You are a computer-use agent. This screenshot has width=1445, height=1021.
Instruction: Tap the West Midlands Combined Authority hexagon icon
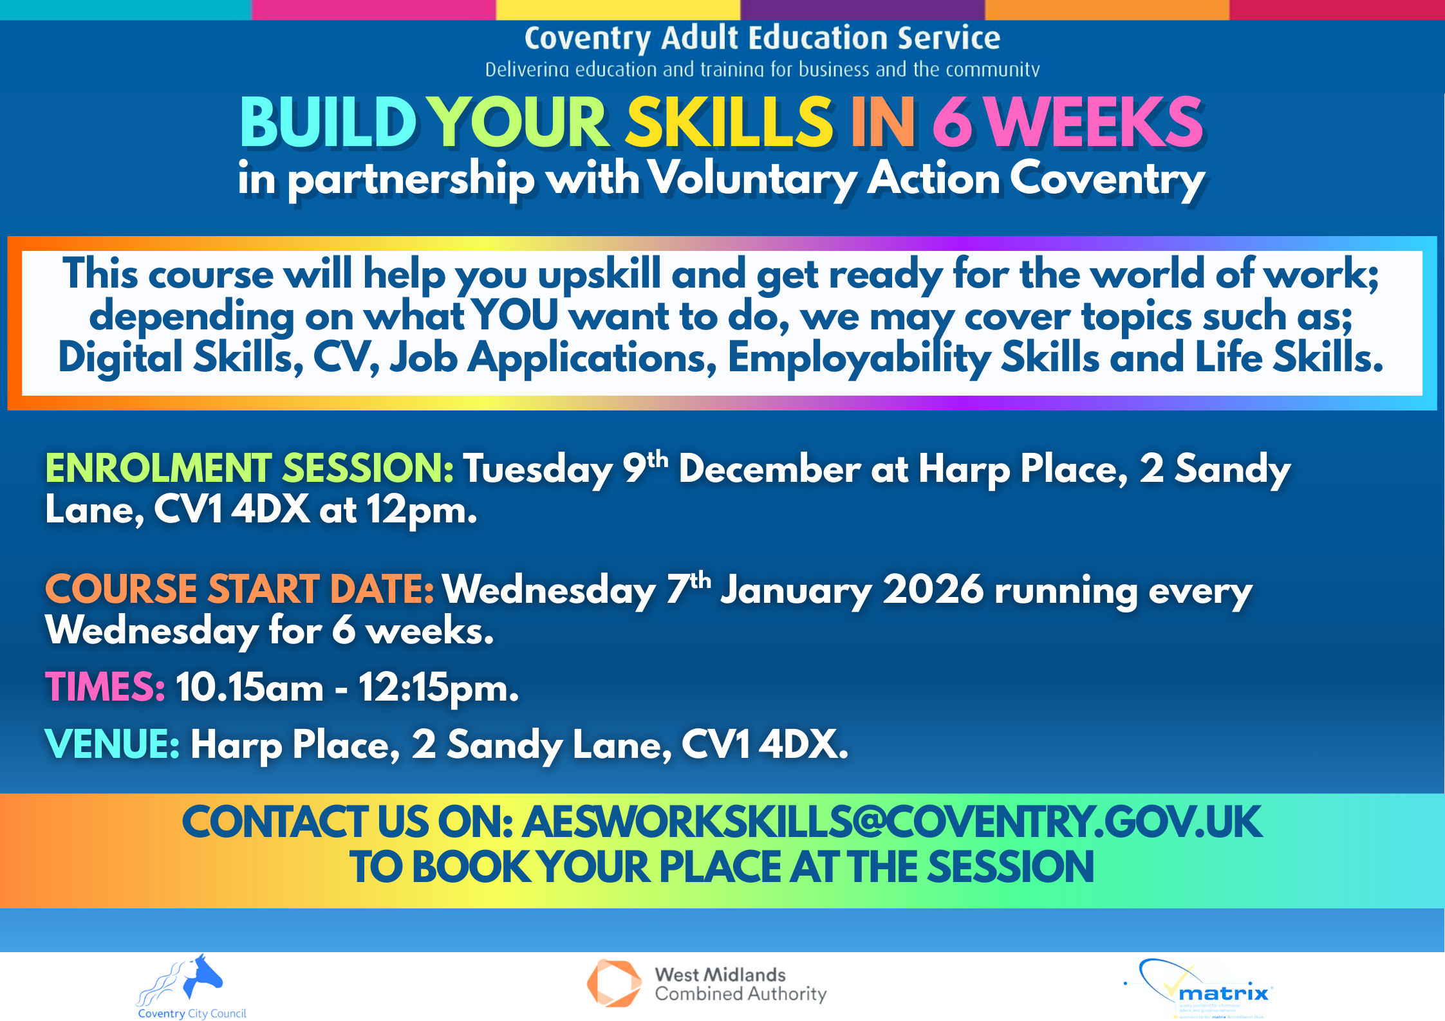coord(613,983)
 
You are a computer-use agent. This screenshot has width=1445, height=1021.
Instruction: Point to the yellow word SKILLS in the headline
coord(729,122)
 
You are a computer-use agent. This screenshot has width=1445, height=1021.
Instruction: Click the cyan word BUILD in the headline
coord(328,122)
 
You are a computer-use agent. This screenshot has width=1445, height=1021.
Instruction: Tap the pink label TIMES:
coord(105,686)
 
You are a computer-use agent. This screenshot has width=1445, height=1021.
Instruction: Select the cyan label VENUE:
coord(112,744)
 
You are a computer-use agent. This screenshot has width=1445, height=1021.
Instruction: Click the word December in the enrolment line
coord(769,468)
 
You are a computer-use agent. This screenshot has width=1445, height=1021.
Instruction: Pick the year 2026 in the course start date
coord(933,589)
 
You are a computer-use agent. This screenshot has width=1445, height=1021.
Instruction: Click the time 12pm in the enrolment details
coord(422,511)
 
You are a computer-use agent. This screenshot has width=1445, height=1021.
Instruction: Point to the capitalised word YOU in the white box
coord(514,316)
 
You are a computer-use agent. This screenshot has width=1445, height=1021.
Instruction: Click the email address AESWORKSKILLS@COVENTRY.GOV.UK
coord(891,822)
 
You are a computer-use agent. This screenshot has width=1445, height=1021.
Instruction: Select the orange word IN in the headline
coord(882,122)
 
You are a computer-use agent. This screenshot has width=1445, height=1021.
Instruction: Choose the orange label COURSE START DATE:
coord(239,589)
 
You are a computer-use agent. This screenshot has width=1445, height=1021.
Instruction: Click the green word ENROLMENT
coord(158,468)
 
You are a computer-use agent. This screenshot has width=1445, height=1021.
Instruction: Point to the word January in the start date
coord(796,590)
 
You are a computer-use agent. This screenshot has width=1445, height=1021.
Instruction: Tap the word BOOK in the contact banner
coord(471,867)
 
